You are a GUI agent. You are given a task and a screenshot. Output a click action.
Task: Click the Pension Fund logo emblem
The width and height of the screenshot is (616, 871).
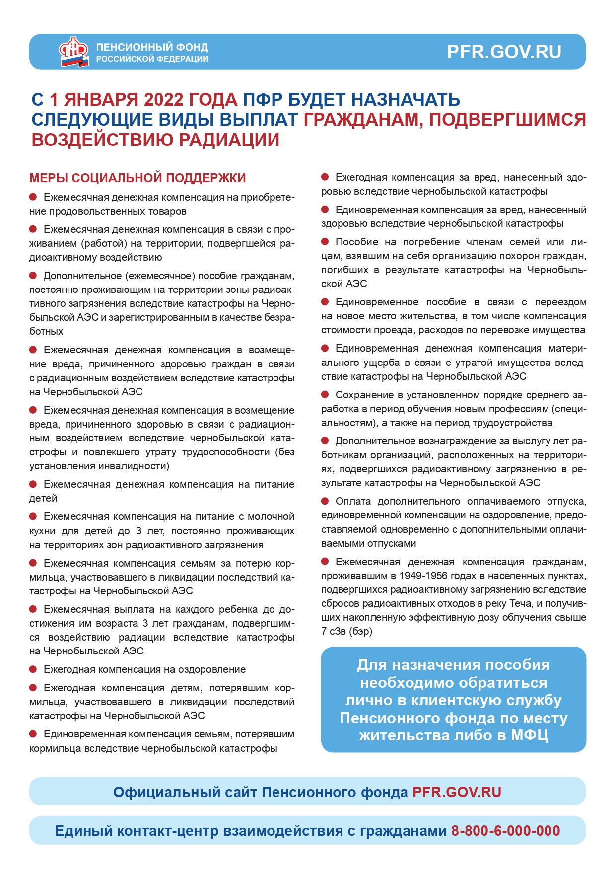73,51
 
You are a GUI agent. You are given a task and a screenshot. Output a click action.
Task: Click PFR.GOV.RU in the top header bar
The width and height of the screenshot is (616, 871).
504,52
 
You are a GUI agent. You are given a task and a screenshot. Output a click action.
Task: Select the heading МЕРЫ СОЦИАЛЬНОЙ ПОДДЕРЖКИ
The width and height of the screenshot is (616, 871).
137,178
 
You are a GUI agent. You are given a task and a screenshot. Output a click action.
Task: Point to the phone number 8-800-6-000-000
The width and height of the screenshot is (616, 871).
505,831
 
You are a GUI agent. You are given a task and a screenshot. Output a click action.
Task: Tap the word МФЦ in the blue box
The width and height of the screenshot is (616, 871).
529,735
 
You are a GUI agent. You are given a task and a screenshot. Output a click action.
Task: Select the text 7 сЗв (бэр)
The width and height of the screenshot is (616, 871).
346,631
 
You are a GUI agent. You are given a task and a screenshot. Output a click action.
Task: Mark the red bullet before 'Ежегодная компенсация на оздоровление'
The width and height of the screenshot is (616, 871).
33,669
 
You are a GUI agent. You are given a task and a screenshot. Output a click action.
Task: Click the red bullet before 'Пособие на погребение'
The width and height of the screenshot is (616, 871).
325,242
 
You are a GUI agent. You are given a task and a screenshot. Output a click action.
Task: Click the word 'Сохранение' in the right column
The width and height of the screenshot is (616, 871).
363,395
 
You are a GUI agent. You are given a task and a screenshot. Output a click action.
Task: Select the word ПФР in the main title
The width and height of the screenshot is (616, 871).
262,100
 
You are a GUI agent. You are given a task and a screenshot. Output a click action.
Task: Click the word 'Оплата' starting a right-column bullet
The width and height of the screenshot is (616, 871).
353,501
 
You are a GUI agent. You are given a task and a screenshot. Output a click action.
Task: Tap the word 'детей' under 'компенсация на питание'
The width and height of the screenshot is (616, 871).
43,498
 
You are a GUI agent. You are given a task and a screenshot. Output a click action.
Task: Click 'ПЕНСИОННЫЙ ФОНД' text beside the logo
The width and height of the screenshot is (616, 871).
152,47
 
